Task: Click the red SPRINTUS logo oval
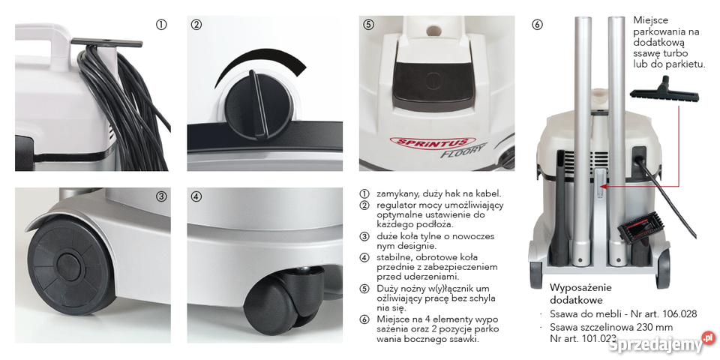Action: (429, 142)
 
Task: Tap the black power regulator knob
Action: (259, 105)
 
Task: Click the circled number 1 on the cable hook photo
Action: (160, 25)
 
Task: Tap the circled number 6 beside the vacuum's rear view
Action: (537, 25)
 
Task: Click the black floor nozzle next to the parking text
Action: (664, 91)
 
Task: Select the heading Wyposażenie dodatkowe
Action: (580, 293)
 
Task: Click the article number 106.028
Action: (679, 314)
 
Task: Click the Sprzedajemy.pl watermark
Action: (661, 343)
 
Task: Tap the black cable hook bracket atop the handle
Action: (106, 43)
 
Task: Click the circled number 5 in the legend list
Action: (364, 289)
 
